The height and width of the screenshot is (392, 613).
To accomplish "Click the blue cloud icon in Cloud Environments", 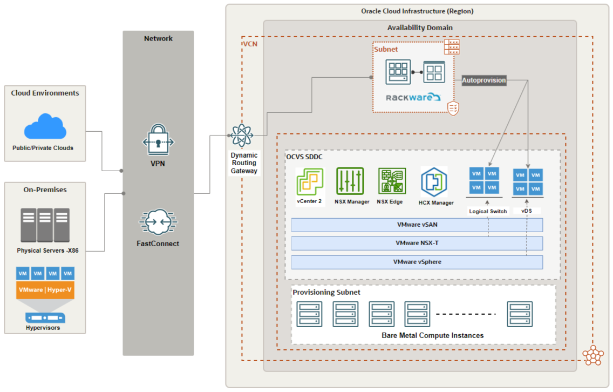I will point(45,126).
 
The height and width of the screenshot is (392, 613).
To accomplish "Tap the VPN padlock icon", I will point(158,139).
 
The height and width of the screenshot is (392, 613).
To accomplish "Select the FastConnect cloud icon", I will point(158,222).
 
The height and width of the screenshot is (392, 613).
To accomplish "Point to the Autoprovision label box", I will point(484,80).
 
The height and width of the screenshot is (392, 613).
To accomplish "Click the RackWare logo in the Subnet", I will point(413,97).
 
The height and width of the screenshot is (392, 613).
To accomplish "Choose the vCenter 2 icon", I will point(310,181).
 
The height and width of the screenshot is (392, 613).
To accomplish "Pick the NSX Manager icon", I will point(350,181).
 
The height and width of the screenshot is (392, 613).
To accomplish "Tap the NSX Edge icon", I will point(392,181).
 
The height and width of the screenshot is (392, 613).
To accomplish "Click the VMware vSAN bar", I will point(417,225).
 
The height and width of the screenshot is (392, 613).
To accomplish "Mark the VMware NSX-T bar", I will point(417,244).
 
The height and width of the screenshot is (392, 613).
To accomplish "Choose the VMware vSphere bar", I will point(417,262).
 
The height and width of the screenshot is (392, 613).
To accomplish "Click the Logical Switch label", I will point(488,211).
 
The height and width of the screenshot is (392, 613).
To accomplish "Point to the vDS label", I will point(527,211).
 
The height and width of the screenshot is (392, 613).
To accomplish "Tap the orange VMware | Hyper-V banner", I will point(45,290).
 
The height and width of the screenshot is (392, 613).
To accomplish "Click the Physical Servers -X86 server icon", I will point(45,225).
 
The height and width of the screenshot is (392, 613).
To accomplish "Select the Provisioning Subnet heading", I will point(326,292).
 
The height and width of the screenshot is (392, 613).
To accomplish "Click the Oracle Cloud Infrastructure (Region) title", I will point(417,11).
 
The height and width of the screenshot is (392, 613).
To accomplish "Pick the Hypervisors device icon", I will point(45,318).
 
